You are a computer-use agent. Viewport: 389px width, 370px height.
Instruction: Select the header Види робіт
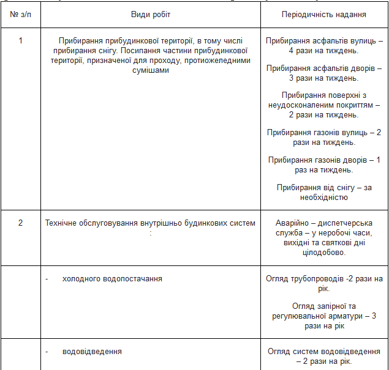(151, 14)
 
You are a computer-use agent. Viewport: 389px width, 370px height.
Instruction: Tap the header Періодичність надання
(324, 14)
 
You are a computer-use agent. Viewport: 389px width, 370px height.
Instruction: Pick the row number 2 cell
(20, 223)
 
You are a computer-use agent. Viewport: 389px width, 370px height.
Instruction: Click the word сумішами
(150, 70)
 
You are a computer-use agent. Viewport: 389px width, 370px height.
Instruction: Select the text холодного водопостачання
(112, 279)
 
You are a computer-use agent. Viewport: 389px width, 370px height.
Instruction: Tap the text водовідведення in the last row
(92, 352)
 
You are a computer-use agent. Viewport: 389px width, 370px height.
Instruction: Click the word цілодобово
(324, 252)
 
